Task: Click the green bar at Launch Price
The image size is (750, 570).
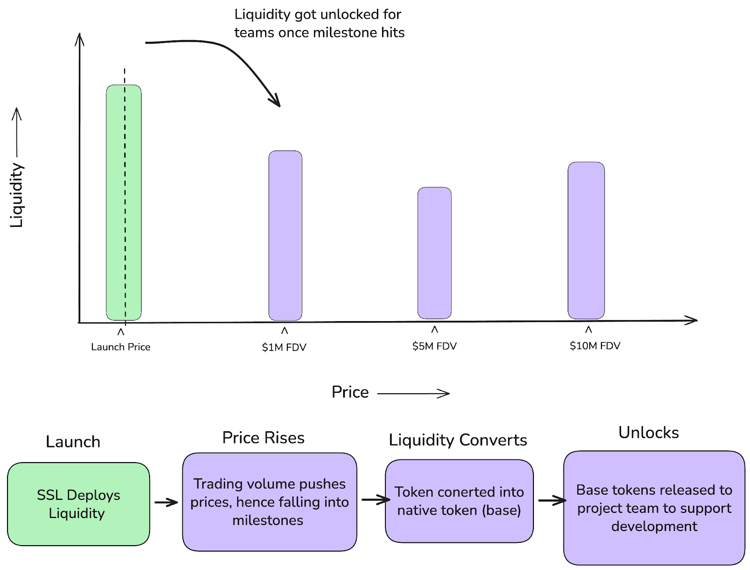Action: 124,202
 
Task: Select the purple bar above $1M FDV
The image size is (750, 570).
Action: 285,235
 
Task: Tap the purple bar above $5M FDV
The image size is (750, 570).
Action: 435,253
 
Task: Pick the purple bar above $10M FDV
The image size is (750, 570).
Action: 586,240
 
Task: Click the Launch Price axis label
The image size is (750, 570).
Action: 120,347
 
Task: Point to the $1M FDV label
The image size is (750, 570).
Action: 284,347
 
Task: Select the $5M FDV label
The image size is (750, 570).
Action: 435,346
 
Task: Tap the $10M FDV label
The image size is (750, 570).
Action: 595,345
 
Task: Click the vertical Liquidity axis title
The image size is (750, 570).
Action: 17,195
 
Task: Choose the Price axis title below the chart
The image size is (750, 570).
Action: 350,392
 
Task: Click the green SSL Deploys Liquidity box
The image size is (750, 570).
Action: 79,504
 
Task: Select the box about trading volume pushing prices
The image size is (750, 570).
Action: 270,502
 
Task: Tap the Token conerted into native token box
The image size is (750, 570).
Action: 459,501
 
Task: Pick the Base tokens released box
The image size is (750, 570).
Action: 654,508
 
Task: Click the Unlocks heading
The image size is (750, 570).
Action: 648,432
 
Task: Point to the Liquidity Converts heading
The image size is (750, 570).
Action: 458,440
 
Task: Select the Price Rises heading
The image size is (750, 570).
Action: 263,437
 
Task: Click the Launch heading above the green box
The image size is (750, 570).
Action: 73,442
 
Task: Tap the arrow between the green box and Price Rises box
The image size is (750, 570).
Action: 166,502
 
